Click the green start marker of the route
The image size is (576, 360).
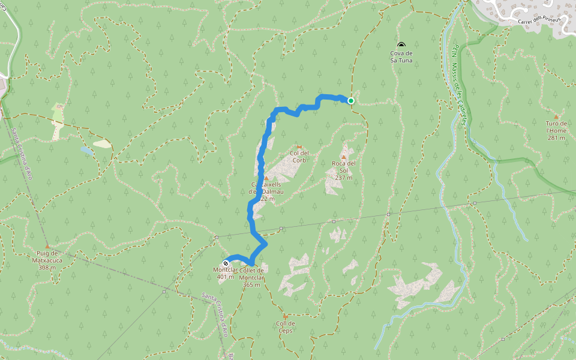click(x=350, y=101)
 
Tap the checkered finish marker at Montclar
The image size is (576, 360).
click(x=226, y=263)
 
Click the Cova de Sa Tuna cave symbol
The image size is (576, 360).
click(x=401, y=45)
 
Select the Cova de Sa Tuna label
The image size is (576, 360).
click(x=401, y=56)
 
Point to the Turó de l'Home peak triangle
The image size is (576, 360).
click(x=556, y=116)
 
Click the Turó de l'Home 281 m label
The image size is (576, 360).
click(x=556, y=130)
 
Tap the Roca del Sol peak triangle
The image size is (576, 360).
click(x=344, y=157)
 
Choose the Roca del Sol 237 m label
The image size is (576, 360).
click(x=344, y=170)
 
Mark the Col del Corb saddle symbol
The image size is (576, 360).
click(x=299, y=146)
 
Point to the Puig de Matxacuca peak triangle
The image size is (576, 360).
click(x=47, y=246)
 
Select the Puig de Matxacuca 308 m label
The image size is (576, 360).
click(x=47, y=260)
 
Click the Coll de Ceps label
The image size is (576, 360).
click(x=285, y=327)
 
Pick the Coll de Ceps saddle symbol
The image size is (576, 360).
click(x=285, y=316)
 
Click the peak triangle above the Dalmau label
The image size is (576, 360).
click(x=266, y=178)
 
